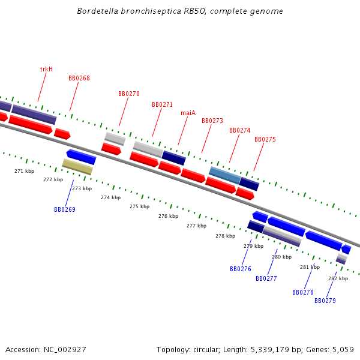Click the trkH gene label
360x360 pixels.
click(46, 69)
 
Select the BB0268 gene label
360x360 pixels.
click(79, 79)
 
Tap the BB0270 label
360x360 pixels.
click(128, 94)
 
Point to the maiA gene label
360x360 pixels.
click(188, 113)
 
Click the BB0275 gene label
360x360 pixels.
click(265, 139)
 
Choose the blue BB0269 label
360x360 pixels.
click(64, 210)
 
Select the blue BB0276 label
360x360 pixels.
click(240, 269)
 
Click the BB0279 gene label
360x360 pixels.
click(325, 301)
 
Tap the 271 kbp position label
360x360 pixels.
click(24, 172)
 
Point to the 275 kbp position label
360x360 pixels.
click(139, 207)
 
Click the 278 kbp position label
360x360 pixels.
click(225, 236)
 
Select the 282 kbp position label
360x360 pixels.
click(338, 278)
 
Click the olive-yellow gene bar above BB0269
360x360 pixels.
click(77, 167)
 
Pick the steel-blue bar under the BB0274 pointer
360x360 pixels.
click(224, 175)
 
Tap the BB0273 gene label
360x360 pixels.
click(212, 121)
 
